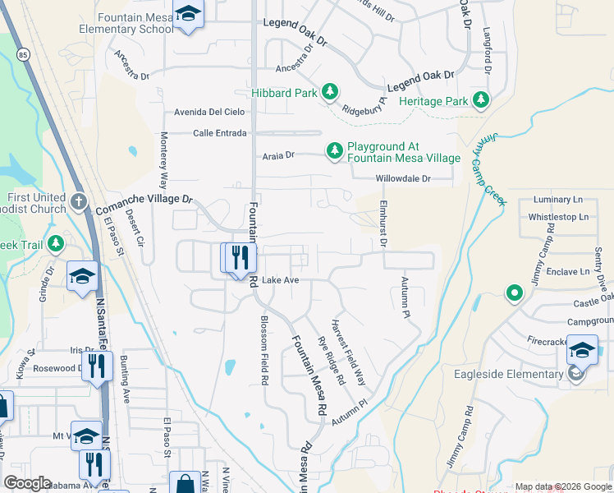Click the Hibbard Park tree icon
[329, 92]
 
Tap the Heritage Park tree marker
[480, 101]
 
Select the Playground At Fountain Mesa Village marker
[334, 151]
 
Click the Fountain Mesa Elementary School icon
[189, 16]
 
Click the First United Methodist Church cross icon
[78, 202]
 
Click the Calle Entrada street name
[219, 133]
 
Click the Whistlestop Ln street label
[558, 217]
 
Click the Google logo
[27, 483]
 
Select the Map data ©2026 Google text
[563, 486]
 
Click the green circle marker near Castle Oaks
[515, 293]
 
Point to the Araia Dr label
[277, 154]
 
